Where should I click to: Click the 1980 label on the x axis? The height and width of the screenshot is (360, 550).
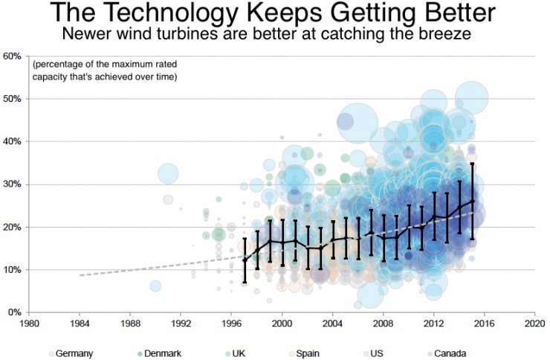(x=30, y=325)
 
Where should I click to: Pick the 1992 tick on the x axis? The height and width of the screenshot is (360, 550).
(x=181, y=325)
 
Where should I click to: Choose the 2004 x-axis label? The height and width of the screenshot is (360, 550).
(x=332, y=325)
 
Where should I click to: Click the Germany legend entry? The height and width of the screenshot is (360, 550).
(x=73, y=353)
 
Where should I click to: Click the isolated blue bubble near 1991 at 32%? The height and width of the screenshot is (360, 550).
(x=168, y=174)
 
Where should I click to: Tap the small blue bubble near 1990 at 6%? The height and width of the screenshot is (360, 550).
(x=155, y=286)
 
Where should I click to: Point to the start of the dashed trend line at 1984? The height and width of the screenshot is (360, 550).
(x=80, y=275)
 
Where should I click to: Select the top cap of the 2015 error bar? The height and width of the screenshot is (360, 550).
(x=472, y=164)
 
